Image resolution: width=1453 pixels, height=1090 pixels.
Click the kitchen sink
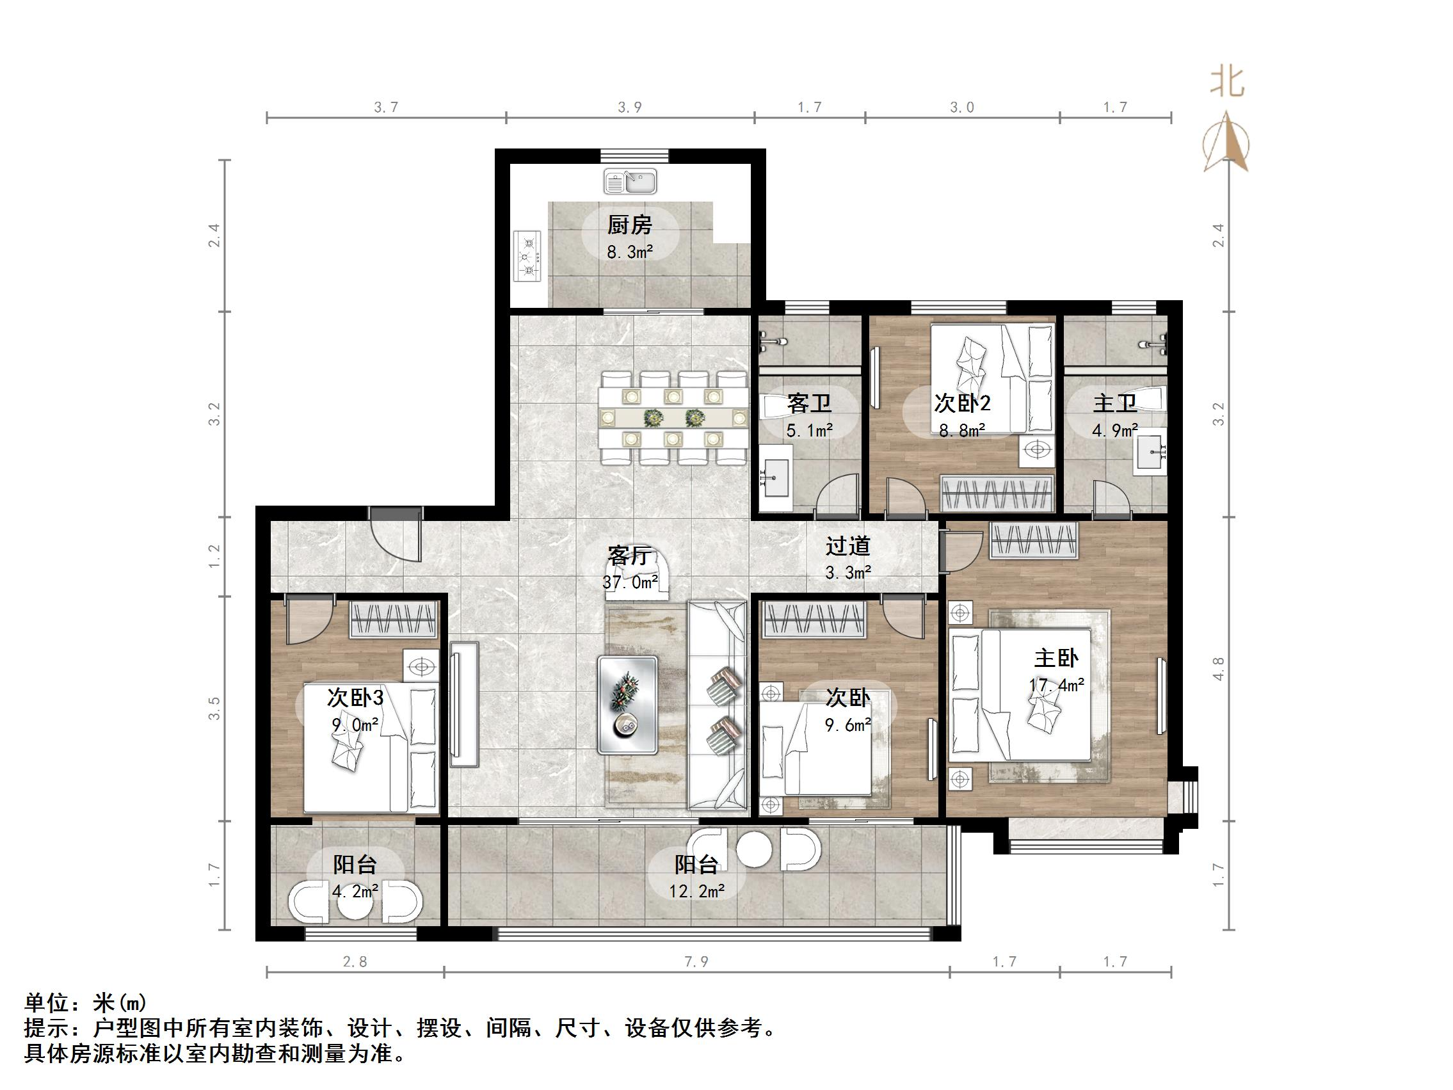[630, 182]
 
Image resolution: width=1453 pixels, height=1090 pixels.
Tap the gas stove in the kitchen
[527, 256]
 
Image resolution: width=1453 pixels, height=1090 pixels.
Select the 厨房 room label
[629, 225]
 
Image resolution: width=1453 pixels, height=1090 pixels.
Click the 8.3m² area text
[629, 252]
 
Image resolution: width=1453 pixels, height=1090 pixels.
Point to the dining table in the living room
[673, 417]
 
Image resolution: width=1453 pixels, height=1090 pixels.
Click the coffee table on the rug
[627, 704]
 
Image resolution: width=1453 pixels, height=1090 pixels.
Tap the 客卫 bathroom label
[809, 403]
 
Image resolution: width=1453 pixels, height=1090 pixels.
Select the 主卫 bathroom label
[1114, 403]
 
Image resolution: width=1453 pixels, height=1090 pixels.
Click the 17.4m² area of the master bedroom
[1056, 685]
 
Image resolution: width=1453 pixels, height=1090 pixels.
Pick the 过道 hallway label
[848, 546]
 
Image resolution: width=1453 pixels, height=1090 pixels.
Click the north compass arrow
[1226, 141]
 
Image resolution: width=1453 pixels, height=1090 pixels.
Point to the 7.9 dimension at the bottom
[696, 962]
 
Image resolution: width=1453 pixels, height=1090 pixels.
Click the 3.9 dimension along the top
[630, 107]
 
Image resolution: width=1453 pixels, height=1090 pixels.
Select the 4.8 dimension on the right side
[1219, 668]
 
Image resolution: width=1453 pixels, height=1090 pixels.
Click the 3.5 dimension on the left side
[214, 709]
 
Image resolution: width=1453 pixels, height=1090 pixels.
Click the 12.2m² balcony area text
[696, 891]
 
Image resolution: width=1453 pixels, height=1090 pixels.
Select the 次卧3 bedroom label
[355, 697]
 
